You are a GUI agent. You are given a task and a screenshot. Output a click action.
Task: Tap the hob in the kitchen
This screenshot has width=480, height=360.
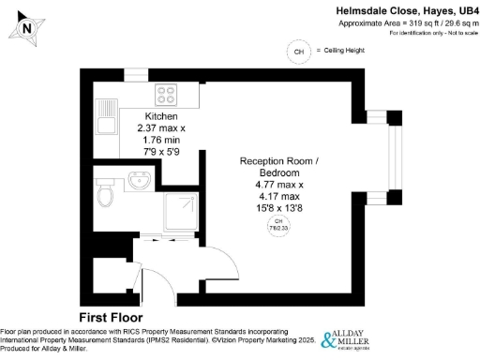point(168,94)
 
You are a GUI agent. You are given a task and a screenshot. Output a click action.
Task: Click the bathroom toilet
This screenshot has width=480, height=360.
point(106,194)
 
